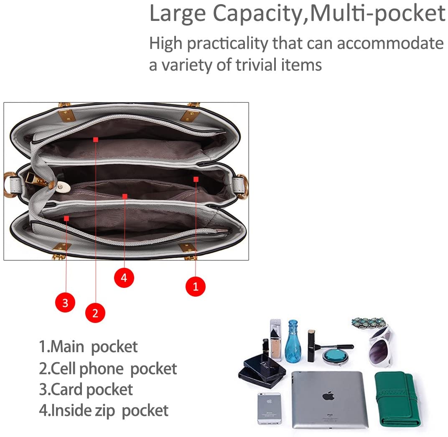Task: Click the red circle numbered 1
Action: tap(196, 286)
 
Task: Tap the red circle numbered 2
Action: tap(95, 313)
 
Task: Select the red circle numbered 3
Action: tap(65, 302)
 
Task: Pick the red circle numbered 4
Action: tap(124, 278)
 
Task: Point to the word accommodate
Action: tap(390, 43)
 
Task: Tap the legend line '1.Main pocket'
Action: tap(88, 347)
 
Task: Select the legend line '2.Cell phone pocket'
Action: tap(108, 368)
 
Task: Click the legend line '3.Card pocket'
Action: tap(86, 389)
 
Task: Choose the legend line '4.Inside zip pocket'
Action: tap(104, 410)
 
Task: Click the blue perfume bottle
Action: tap(293, 341)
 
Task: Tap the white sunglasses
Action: tap(380, 347)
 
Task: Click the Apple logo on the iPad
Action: tap(328, 396)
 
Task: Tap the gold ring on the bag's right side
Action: tap(242, 186)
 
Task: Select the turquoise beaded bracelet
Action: tap(369, 323)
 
